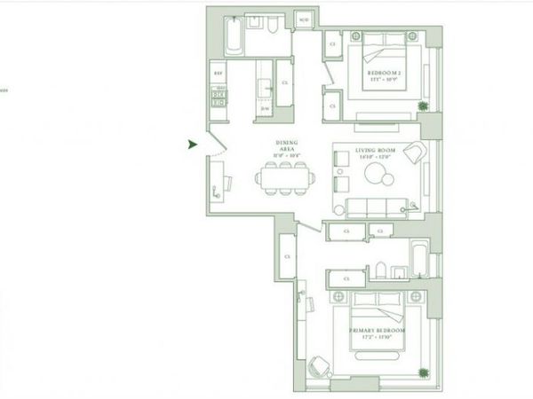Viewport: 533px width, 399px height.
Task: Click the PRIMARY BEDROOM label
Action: click(x=377, y=332)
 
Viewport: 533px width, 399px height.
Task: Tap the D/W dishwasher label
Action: click(x=265, y=108)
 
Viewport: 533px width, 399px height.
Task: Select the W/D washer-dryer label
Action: click(x=303, y=20)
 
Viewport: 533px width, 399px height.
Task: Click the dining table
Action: click(x=285, y=177)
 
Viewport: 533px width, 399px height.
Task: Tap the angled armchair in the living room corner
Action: click(x=411, y=154)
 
